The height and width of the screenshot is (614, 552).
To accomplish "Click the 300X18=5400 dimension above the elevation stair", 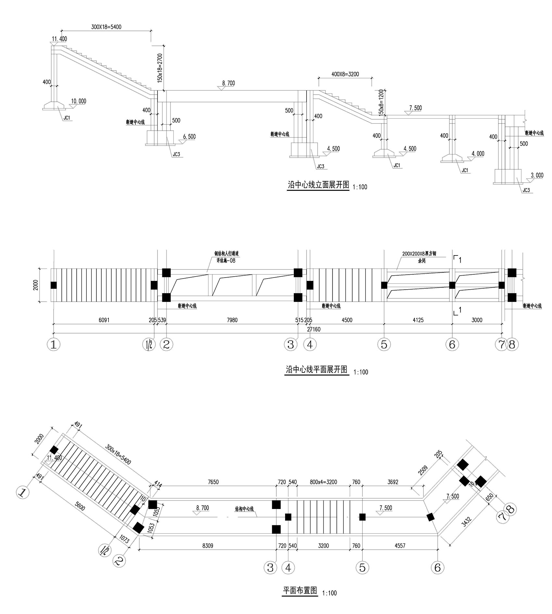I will (x=106, y=27).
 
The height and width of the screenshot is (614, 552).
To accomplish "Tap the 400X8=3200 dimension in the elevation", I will (x=345, y=74).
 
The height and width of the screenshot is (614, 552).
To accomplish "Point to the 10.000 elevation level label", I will (x=78, y=101).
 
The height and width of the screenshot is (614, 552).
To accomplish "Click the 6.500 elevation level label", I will (x=189, y=137).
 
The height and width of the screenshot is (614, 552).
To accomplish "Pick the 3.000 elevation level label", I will (x=537, y=175).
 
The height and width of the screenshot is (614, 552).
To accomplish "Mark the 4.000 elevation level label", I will (x=477, y=153).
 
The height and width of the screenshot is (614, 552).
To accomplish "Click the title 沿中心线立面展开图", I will (x=318, y=185).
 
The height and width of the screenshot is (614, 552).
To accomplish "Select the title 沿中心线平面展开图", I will (x=316, y=370).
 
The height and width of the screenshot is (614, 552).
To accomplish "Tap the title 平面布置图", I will (x=300, y=590).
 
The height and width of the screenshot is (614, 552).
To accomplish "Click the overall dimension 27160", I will (x=313, y=329).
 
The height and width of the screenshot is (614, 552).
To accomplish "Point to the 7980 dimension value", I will (x=232, y=320).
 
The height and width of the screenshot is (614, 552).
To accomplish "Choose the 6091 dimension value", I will (x=104, y=320).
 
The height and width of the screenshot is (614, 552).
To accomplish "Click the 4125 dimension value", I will (x=418, y=320).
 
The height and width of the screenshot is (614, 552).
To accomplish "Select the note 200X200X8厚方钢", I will (x=421, y=254).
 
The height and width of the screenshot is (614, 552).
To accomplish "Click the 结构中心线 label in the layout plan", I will (x=244, y=509).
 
